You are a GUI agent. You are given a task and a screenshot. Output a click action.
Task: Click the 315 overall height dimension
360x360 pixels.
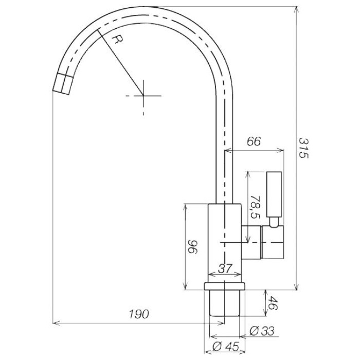303,148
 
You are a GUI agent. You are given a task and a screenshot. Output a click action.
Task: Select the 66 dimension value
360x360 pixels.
254,141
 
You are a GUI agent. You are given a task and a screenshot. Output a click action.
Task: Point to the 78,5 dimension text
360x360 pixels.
255,207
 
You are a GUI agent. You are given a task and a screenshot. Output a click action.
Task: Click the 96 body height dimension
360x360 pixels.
192,247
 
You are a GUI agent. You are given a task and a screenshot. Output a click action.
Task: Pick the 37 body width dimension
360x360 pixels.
225,268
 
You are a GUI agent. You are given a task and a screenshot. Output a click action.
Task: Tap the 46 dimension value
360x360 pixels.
273,303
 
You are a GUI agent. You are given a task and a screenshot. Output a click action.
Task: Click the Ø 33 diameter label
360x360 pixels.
262,331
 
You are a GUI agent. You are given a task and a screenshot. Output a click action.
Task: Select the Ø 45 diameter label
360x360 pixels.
226,347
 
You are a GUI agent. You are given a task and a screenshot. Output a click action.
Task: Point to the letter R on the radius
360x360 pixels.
118,40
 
